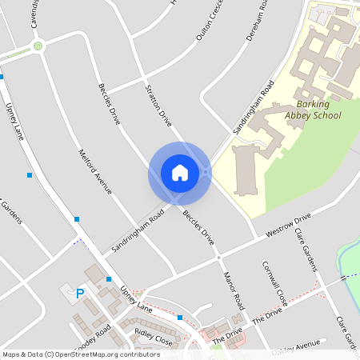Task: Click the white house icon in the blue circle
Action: pos(179,172)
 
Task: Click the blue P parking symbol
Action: pos(79,294)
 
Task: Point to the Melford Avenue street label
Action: pos(94,174)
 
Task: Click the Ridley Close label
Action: pos(153,337)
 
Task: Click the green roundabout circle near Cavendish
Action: pos(38,46)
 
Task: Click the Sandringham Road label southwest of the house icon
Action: pos(138,232)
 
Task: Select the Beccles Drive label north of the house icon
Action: pos(109,103)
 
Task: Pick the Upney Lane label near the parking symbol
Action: pos(135,298)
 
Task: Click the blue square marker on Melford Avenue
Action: pos(77,218)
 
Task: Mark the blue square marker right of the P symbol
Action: pos(109,279)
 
